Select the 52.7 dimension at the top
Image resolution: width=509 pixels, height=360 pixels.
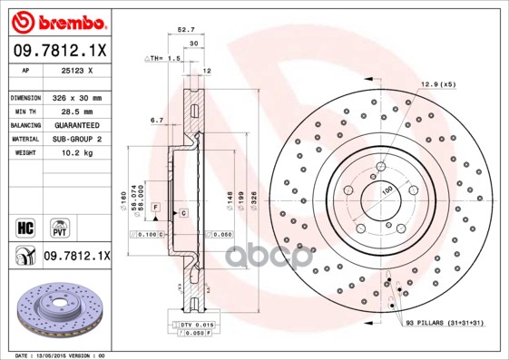coord(185,30)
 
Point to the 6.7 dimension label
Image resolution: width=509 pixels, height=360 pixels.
coord(156,120)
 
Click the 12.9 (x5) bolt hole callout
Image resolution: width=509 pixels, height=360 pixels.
coord(436,84)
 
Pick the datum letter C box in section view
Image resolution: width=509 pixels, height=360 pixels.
coord(183,213)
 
